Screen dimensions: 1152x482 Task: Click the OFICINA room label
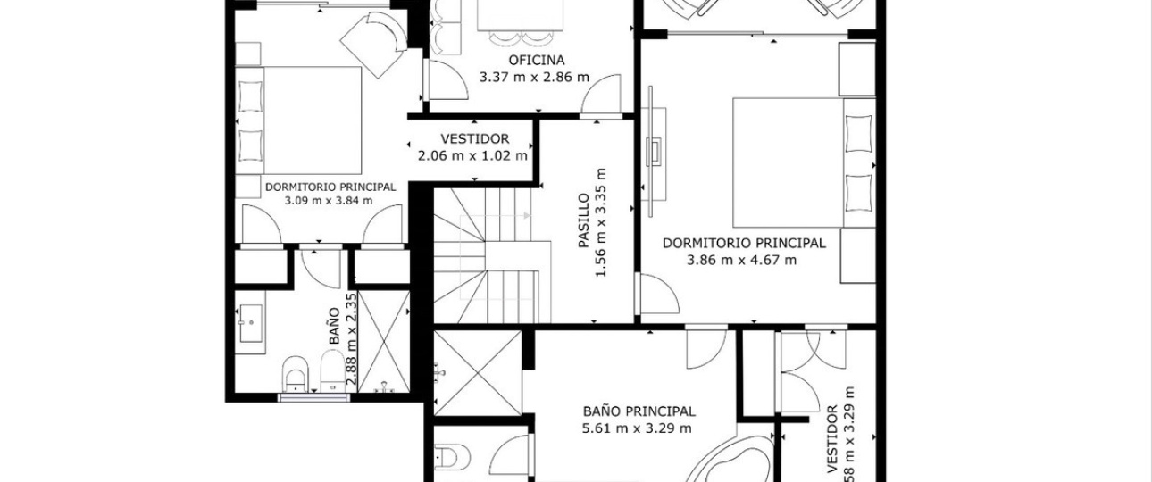[x=537, y=60]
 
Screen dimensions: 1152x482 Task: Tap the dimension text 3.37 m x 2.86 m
[x=534, y=78]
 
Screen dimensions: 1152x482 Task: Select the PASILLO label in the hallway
[x=583, y=220]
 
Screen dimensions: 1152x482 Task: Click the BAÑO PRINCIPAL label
[x=639, y=411]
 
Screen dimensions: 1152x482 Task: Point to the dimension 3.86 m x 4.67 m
[x=741, y=260]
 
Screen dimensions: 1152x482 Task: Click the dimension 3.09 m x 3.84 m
[x=329, y=201]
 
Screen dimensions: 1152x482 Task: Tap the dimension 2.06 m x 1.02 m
[x=472, y=155]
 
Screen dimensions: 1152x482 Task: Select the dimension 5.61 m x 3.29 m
[x=637, y=428]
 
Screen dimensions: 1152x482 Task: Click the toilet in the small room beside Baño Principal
[x=452, y=457]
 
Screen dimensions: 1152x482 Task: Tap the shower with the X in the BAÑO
[x=384, y=342]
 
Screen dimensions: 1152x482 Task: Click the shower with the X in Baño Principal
[x=478, y=372]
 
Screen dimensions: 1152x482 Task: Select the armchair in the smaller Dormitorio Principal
[x=374, y=44]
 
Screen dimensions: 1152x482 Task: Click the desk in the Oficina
[x=520, y=15]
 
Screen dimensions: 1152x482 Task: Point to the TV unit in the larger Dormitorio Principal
[x=654, y=152]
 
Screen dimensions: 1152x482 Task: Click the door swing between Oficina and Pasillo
[x=601, y=96]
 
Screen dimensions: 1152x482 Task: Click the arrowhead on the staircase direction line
[x=527, y=215]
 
